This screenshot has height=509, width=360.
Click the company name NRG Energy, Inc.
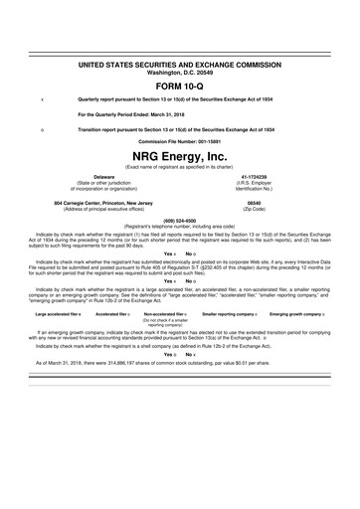tap(179, 157)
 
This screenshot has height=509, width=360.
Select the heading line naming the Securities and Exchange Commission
tap(179, 64)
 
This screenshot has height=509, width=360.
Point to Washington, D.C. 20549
tap(179, 71)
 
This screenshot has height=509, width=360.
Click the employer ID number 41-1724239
tap(254, 177)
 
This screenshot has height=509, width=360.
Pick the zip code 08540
tap(254, 201)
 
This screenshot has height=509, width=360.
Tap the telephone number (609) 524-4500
tap(179, 220)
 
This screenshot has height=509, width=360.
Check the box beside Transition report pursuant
tap(41, 129)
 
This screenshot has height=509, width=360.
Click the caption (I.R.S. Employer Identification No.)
tap(254, 186)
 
